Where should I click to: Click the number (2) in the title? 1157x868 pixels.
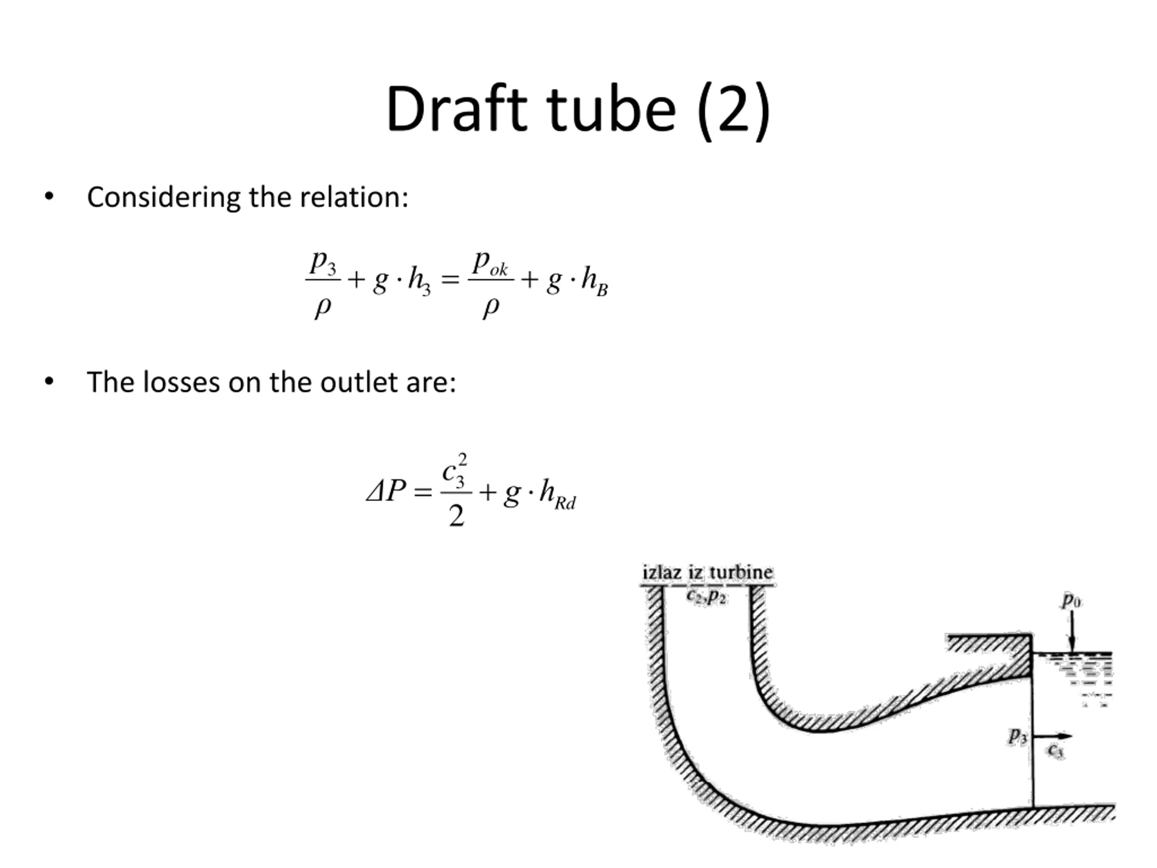[734, 111]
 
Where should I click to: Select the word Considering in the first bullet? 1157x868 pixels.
[163, 198]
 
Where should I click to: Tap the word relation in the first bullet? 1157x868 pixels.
[353, 198]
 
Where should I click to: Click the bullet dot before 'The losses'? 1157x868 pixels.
[49, 382]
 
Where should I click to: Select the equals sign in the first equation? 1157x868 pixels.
[450, 280]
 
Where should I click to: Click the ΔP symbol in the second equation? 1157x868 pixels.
[386, 491]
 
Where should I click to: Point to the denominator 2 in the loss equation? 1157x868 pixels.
[456, 516]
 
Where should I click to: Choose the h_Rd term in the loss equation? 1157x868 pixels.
[558, 494]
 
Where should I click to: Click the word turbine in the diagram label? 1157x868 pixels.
[741, 572]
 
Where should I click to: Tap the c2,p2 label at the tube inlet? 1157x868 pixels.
[706, 596]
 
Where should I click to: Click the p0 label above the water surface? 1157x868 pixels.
[1071, 600]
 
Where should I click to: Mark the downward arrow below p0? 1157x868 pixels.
[1072, 631]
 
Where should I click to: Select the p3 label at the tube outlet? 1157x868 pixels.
[1017, 736]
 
